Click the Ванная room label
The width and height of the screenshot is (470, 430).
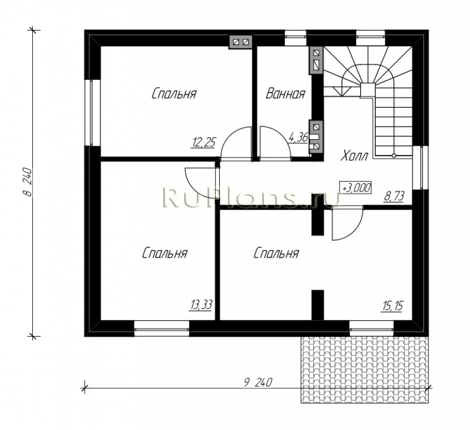click(x=286, y=94)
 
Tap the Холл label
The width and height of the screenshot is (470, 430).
click(x=354, y=156)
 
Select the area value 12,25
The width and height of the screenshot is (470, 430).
click(x=203, y=142)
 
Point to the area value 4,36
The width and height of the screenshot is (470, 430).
click(x=298, y=137)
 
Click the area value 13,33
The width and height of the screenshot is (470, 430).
click(x=201, y=305)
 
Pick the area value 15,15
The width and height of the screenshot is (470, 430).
click(x=392, y=306)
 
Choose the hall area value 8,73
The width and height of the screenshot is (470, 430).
click(x=394, y=197)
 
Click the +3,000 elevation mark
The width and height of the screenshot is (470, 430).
click(x=355, y=188)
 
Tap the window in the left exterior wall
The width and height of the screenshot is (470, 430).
click(x=93, y=113)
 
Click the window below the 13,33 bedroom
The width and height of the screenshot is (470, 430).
click(x=162, y=329)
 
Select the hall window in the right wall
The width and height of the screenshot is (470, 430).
click(x=420, y=167)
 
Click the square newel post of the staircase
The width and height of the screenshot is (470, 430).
click(x=367, y=90)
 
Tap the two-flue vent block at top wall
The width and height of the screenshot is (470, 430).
click(x=241, y=42)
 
